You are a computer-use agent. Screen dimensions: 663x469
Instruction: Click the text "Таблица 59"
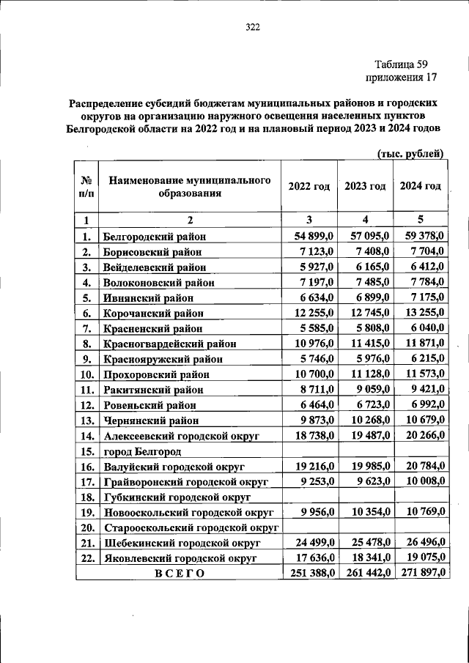pyautogui.click(x=401, y=64)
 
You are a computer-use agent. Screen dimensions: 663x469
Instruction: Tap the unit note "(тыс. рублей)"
pyautogui.click(x=410, y=154)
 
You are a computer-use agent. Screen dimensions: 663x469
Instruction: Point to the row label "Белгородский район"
pyautogui.click(x=155, y=237)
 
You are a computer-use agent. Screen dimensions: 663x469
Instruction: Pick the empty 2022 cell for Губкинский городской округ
pyautogui.click(x=309, y=497)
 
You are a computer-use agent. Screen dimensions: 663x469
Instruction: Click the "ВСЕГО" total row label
pyautogui.click(x=179, y=574)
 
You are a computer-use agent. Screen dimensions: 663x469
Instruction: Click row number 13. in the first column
pyautogui.click(x=86, y=421)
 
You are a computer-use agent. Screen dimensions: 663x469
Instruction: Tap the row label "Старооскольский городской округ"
pyautogui.click(x=193, y=527)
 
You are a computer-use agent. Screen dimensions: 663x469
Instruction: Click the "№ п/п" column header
pyautogui.click(x=86, y=187)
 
